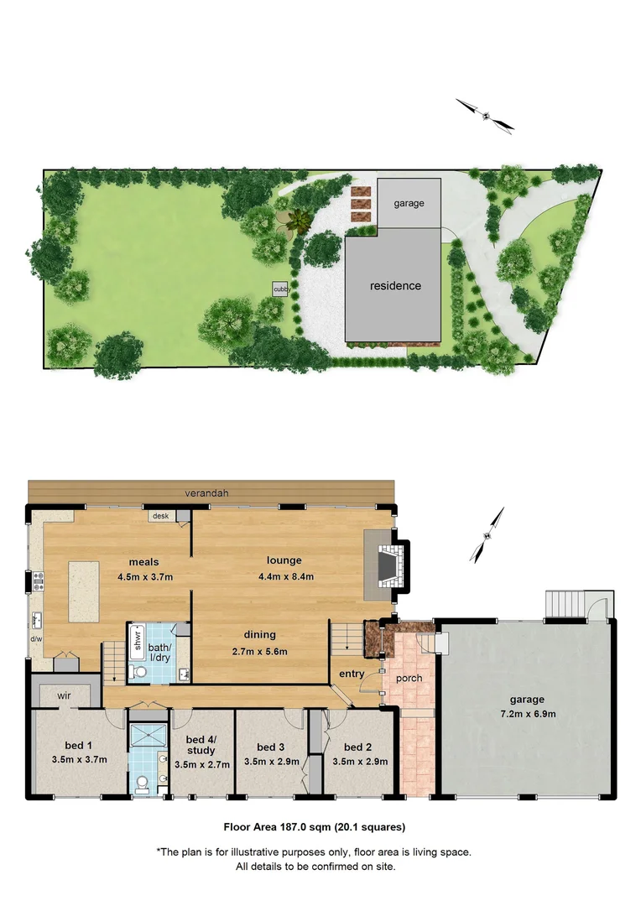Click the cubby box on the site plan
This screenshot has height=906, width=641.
(280, 289)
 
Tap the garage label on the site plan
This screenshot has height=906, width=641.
(409, 203)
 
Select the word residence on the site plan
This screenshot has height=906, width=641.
(396, 285)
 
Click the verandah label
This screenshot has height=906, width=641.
(208, 493)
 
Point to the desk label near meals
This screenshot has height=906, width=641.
(160, 517)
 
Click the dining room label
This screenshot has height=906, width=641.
(260, 635)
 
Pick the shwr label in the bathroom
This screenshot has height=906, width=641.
(137, 640)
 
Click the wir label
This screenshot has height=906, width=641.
(64, 695)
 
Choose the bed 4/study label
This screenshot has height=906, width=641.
(201, 745)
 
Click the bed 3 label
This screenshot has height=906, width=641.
(271, 747)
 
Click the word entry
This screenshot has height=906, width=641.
(352, 674)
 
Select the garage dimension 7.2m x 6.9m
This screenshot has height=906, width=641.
(526, 714)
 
